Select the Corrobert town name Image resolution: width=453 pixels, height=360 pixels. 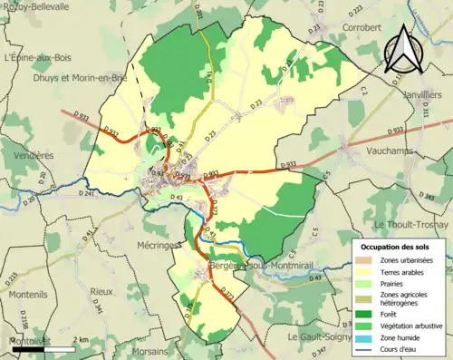point(361,28)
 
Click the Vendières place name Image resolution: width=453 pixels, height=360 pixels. point(28,155)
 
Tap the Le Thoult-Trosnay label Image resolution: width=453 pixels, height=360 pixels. point(411,224)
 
